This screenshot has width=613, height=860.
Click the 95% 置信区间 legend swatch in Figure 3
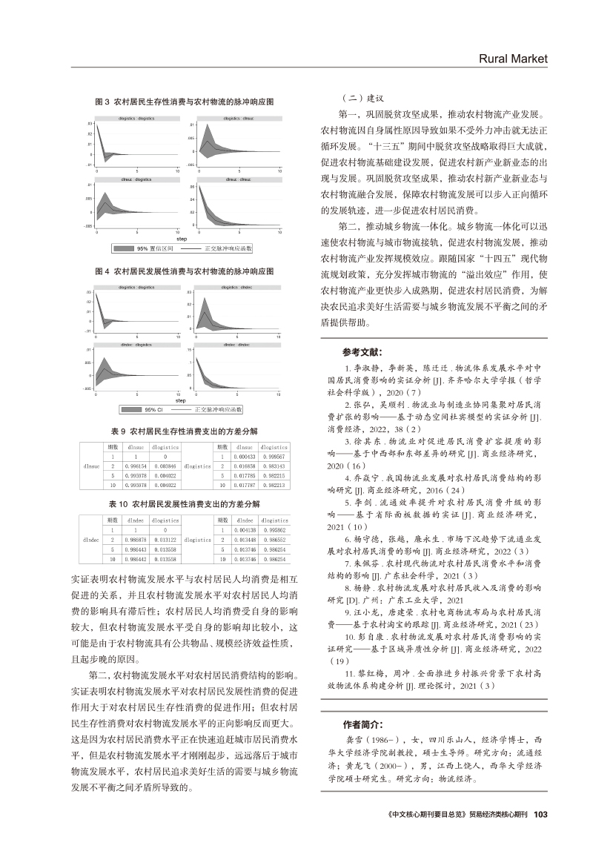point(125,249)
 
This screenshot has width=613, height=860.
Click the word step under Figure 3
point(181,239)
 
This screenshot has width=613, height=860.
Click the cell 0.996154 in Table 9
point(136,462)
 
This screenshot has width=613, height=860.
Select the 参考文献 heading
point(362,352)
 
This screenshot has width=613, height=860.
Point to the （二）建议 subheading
point(359,99)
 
